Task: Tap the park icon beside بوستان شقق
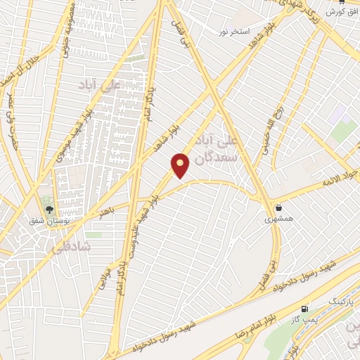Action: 49,208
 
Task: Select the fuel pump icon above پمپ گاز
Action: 304,309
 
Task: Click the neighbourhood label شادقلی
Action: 67,247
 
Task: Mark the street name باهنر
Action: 106,210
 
